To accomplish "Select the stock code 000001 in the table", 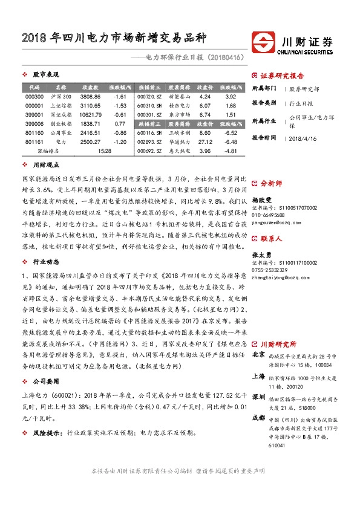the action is click(x=35, y=106).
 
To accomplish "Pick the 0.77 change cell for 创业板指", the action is click(x=120, y=123).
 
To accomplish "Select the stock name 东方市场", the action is click(x=180, y=114).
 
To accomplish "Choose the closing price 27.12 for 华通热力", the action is click(x=205, y=141).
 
